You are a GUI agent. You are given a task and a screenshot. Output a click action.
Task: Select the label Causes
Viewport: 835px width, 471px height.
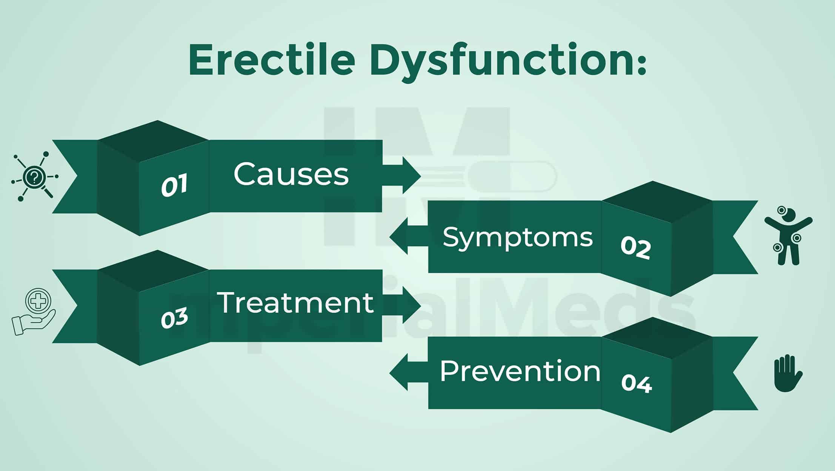coord(291,174)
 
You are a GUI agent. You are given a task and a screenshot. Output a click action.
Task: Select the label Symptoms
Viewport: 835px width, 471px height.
coord(518,238)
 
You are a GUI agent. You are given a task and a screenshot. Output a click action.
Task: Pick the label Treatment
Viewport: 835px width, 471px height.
coord(295,302)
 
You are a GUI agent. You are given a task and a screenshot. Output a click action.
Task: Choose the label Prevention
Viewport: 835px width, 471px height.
coord(520,371)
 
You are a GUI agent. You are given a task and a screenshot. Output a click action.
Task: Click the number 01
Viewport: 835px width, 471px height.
coord(174,185)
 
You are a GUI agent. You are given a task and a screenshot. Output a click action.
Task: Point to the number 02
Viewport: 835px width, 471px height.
coord(636,248)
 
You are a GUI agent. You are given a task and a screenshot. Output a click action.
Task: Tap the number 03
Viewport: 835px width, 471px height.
coord(174,317)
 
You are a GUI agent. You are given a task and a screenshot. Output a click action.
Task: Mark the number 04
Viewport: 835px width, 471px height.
coord(637,383)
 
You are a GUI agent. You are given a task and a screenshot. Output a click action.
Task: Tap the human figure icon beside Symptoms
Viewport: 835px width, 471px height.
coord(788,235)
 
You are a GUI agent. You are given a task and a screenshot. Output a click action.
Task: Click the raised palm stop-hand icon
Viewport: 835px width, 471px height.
coord(788,373)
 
